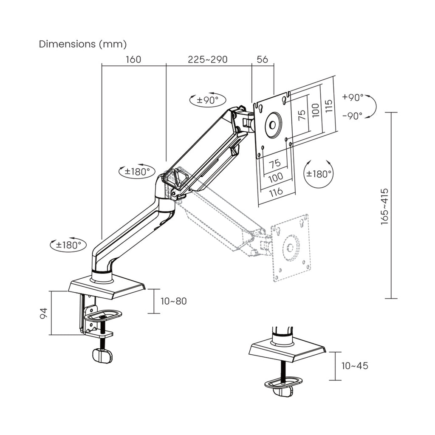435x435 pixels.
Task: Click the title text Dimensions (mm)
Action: pos(83,44)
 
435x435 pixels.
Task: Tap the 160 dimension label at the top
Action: pos(133,59)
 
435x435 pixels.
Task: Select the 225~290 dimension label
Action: pos(208,59)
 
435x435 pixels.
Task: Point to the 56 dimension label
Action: pos(263,59)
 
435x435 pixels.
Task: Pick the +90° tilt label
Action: pos(353,97)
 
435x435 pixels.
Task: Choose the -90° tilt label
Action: pos(352,116)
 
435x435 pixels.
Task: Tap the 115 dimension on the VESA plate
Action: pos(328,106)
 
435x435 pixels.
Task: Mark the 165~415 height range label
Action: pos(384,206)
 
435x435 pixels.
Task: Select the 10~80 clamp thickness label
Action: pos(173,301)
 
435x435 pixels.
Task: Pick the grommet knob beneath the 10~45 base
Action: pos(283,392)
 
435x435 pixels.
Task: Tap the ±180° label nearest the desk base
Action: pos(68,245)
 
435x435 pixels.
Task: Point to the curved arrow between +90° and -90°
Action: pos(371,106)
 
